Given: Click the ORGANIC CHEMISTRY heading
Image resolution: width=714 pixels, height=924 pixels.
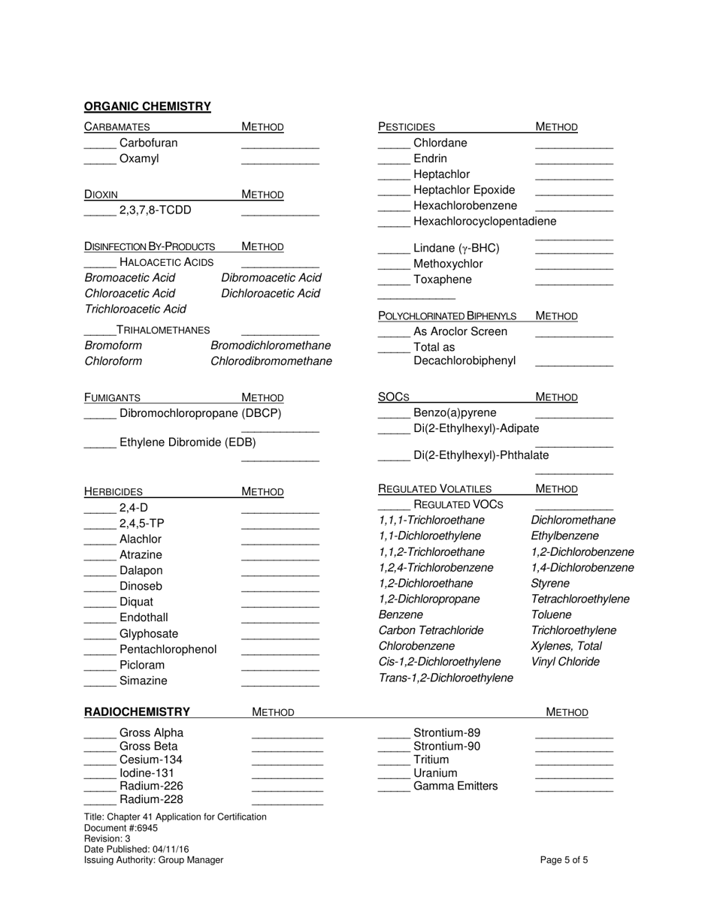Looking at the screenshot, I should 147,107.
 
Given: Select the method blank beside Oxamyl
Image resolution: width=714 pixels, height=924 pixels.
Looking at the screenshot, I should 280,161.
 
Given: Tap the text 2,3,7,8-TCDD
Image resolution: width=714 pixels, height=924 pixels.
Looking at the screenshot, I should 155,210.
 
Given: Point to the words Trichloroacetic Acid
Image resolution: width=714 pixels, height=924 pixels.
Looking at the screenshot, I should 135,309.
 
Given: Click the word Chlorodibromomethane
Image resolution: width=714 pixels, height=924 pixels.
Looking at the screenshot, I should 271,361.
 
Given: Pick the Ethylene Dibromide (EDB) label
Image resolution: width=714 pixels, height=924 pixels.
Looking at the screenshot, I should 187,442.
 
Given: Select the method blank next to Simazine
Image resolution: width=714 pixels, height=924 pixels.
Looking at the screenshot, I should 280,683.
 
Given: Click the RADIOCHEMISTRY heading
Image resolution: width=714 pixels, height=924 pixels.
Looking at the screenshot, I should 137,712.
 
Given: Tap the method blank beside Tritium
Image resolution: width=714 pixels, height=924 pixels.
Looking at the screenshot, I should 573,762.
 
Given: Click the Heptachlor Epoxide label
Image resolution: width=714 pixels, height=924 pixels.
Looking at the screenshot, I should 464,190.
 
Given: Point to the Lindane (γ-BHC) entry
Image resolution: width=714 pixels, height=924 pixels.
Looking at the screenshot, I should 456,248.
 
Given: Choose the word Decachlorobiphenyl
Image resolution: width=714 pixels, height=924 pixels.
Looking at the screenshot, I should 464,361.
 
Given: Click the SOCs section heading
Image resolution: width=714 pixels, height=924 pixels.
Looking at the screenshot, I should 393,397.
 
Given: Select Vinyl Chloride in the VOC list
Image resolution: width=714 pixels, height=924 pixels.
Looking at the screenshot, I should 565,662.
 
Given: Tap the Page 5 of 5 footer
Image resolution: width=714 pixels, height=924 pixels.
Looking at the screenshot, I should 564,860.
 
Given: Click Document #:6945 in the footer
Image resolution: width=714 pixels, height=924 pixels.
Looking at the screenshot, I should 121,828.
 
